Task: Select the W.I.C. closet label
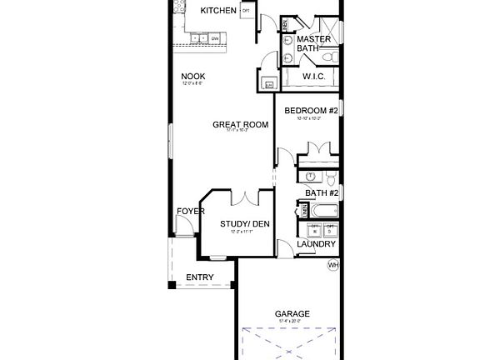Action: tap(313, 77)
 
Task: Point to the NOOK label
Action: tap(193, 77)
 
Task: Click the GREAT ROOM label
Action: tap(240, 125)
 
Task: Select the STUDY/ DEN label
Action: tap(244, 223)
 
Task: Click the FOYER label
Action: tap(190, 212)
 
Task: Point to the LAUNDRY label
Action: tap(316, 244)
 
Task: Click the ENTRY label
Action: tap(199, 277)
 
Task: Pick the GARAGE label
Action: tap(292, 314)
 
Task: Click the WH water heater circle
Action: tap(332, 265)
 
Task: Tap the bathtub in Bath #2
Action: tap(318, 209)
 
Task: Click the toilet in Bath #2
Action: tap(331, 178)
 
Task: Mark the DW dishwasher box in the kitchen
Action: tap(214, 38)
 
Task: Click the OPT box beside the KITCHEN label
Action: tap(246, 11)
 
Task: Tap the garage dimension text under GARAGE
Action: tap(292, 322)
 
